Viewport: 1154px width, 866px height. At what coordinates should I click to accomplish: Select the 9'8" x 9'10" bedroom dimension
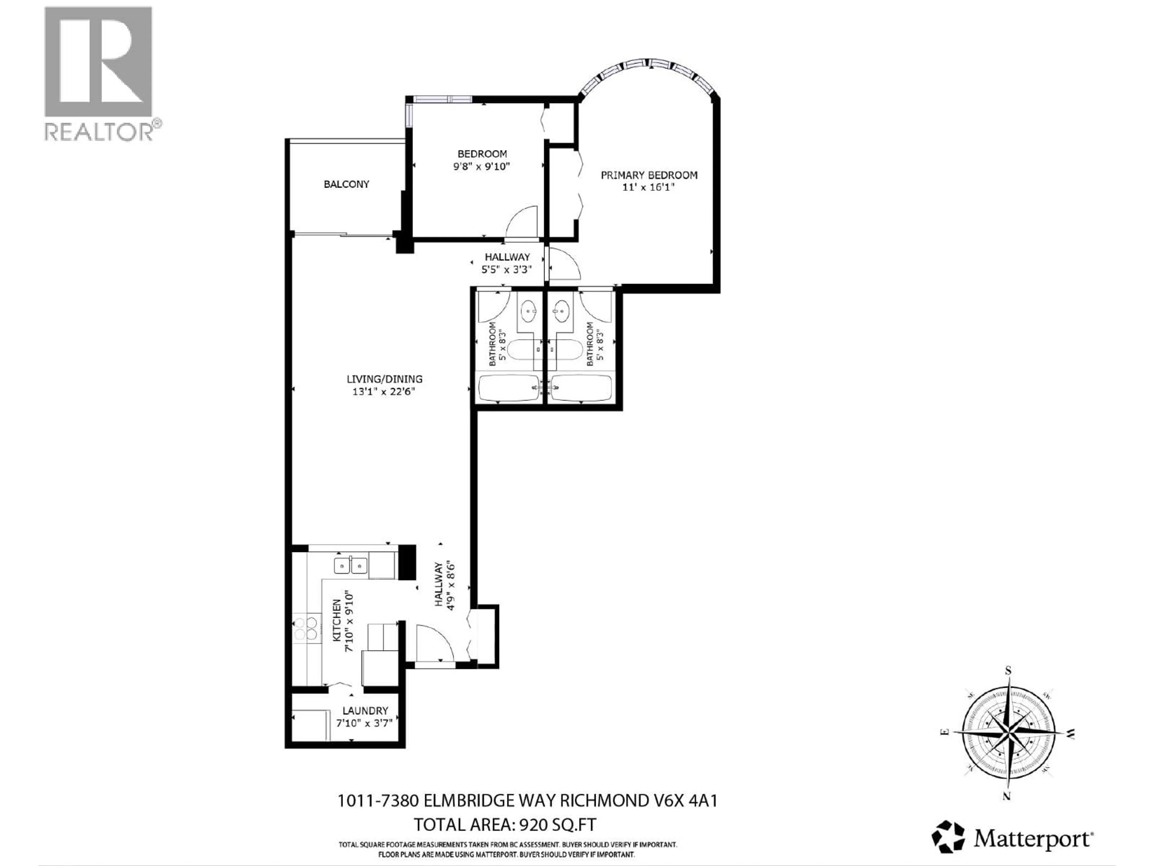tap(481, 167)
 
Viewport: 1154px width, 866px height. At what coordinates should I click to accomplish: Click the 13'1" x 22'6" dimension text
tap(383, 392)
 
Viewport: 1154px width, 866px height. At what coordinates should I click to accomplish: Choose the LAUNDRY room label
tap(365, 711)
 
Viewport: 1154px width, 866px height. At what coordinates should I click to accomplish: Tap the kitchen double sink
tap(351, 565)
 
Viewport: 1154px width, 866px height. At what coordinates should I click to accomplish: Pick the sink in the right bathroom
tap(562, 313)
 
